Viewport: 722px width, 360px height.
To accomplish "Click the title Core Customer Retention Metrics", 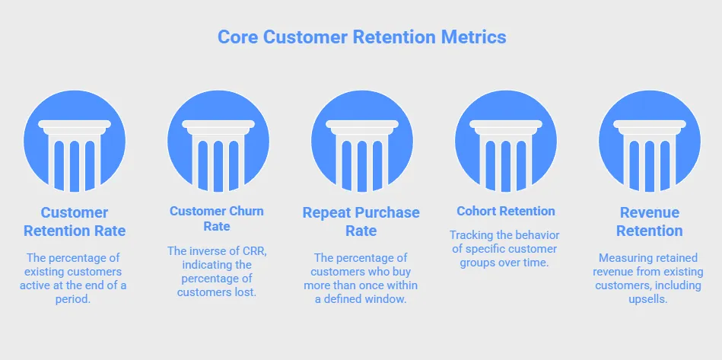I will (x=361, y=37).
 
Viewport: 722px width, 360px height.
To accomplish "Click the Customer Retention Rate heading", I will (x=75, y=221).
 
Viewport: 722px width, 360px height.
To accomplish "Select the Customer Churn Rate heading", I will (x=218, y=218).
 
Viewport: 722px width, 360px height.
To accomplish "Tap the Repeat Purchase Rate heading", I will (x=361, y=221).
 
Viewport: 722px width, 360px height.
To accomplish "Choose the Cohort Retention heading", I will (x=505, y=211).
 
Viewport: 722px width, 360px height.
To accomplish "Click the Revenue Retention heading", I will (x=649, y=221).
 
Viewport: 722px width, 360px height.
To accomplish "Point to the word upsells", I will (x=650, y=300).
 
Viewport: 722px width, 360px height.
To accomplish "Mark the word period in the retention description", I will (x=75, y=300).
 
